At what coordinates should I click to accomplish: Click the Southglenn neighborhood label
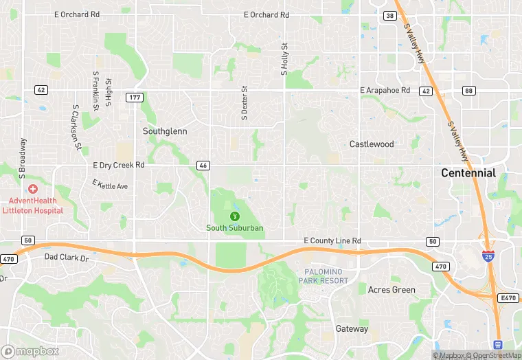[x=165, y=131]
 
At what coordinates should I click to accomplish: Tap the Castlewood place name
[x=372, y=144]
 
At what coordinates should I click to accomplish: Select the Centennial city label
[x=468, y=173]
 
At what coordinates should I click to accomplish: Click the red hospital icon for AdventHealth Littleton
[x=32, y=189]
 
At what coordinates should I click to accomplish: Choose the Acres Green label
[x=391, y=290]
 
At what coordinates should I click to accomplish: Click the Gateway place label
[x=352, y=329]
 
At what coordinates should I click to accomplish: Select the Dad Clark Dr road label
[x=67, y=258]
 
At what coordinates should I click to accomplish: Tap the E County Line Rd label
[x=332, y=241]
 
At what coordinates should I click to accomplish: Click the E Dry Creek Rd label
[x=119, y=166]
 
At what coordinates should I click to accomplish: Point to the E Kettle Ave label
[x=110, y=185]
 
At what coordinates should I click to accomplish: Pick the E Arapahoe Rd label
[x=385, y=90]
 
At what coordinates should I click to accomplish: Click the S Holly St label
[x=283, y=58]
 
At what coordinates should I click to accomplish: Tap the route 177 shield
[x=134, y=98]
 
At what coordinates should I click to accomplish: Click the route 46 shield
[x=203, y=166]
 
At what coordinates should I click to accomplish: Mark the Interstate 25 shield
[x=488, y=256]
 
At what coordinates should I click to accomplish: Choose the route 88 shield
[x=469, y=91]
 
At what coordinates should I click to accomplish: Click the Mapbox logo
[x=29, y=351]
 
